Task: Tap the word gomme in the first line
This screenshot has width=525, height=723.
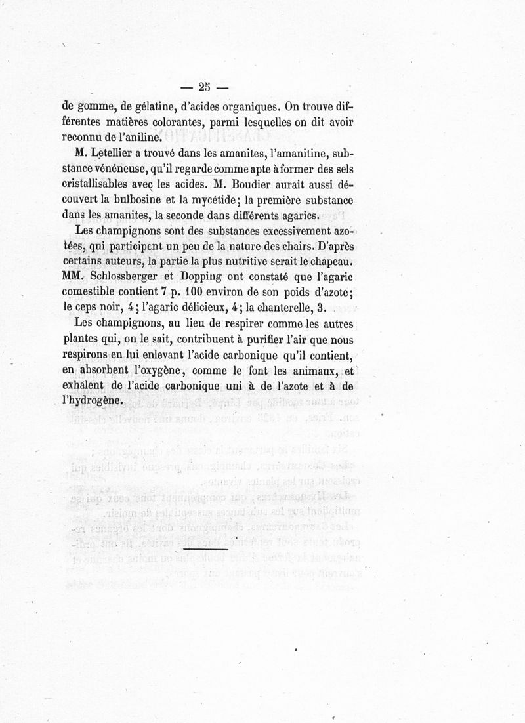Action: (x=97, y=106)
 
